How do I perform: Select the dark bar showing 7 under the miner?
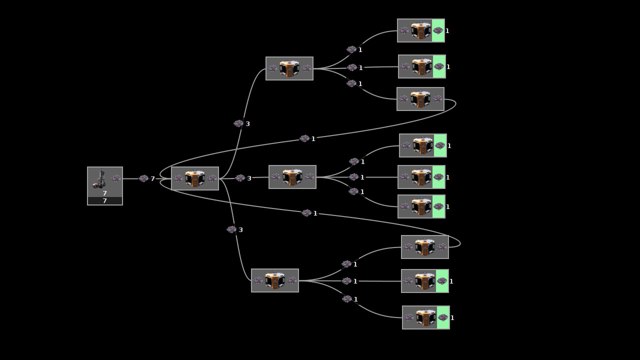click(x=105, y=201)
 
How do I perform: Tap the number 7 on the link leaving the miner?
click(x=153, y=179)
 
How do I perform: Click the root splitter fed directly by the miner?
click(x=195, y=178)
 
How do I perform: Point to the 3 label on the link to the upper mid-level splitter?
click(x=247, y=124)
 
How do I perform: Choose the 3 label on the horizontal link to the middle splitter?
click(x=249, y=178)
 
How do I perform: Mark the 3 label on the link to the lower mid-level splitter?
click(x=240, y=230)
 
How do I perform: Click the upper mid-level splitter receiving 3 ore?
click(x=289, y=68)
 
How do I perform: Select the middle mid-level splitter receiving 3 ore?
click(x=292, y=177)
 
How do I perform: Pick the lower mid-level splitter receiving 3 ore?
click(x=275, y=280)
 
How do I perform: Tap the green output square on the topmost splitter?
click(x=438, y=30)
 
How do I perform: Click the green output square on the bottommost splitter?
click(x=443, y=317)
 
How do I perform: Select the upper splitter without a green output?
click(x=420, y=99)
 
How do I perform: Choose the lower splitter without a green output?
click(x=424, y=247)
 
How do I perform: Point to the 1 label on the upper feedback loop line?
click(x=313, y=139)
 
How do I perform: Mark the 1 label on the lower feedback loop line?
click(x=315, y=213)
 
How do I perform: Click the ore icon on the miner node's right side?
click(x=116, y=178)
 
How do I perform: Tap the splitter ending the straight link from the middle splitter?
click(x=421, y=177)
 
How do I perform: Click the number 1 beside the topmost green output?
click(x=447, y=31)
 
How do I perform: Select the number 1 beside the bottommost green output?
click(x=452, y=318)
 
